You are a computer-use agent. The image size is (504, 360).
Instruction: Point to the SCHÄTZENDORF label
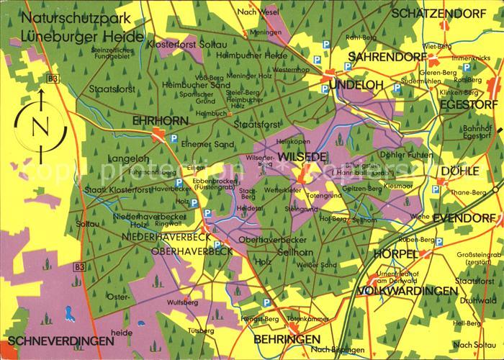click(441, 13)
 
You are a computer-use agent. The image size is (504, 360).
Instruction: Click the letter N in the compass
click(41, 127)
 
